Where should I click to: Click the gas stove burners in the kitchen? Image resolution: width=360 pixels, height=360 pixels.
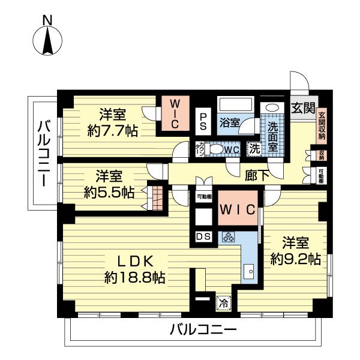pyautogui.click(x=229, y=237)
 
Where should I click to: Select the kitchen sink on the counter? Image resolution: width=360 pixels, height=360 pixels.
pyautogui.click(x=248, y=272)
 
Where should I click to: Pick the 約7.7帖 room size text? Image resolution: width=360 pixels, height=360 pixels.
pyautogui.click(x=112, y=130)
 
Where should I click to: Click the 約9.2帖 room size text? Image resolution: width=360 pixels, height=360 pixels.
pyautogui.click(x=293, y=259)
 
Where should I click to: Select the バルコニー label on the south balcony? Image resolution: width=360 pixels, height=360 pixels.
pyautogui.click(x=203, y=329)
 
